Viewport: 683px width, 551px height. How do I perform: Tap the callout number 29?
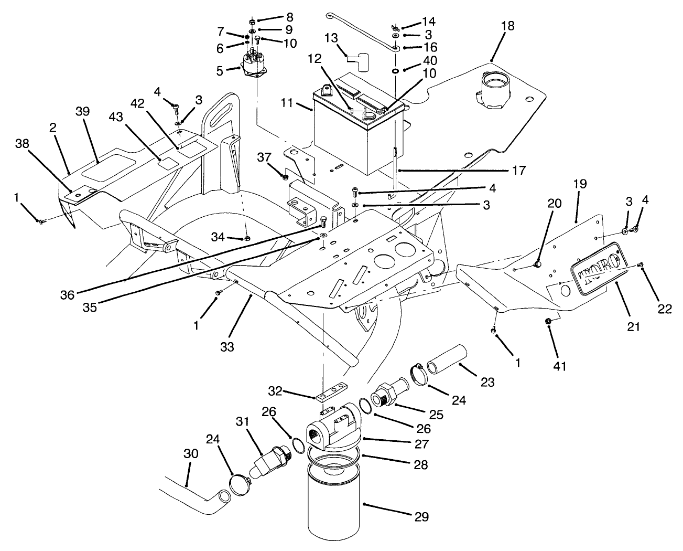point(421,517)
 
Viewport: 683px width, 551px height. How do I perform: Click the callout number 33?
point(227,346)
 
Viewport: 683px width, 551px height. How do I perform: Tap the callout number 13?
point(332,38)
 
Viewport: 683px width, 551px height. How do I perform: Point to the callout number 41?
point(560,367)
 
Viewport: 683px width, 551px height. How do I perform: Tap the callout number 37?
point(265,157)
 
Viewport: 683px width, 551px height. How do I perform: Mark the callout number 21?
point(634,327)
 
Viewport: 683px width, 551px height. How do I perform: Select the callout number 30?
point(191,453)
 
